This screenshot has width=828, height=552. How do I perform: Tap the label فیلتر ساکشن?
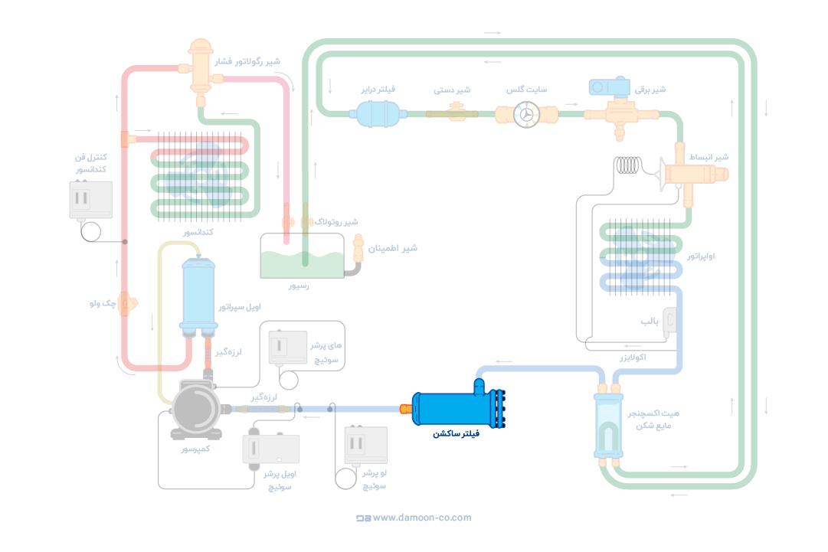456,434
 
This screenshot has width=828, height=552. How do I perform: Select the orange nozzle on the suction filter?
405,409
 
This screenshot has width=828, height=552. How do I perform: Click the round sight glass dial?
526,115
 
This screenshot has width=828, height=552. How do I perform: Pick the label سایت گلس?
526,90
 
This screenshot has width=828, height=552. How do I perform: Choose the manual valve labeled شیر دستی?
452,113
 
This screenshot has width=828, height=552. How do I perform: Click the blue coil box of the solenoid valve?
608,87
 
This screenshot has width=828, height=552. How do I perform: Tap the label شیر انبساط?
709,157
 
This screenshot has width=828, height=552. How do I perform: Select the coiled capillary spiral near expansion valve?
633,165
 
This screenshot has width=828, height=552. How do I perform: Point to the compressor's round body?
197,410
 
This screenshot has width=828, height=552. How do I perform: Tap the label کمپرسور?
195,449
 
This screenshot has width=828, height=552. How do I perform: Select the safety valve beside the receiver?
358,250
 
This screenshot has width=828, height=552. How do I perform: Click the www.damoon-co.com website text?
422,518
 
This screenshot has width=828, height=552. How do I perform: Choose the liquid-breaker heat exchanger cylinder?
610,426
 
